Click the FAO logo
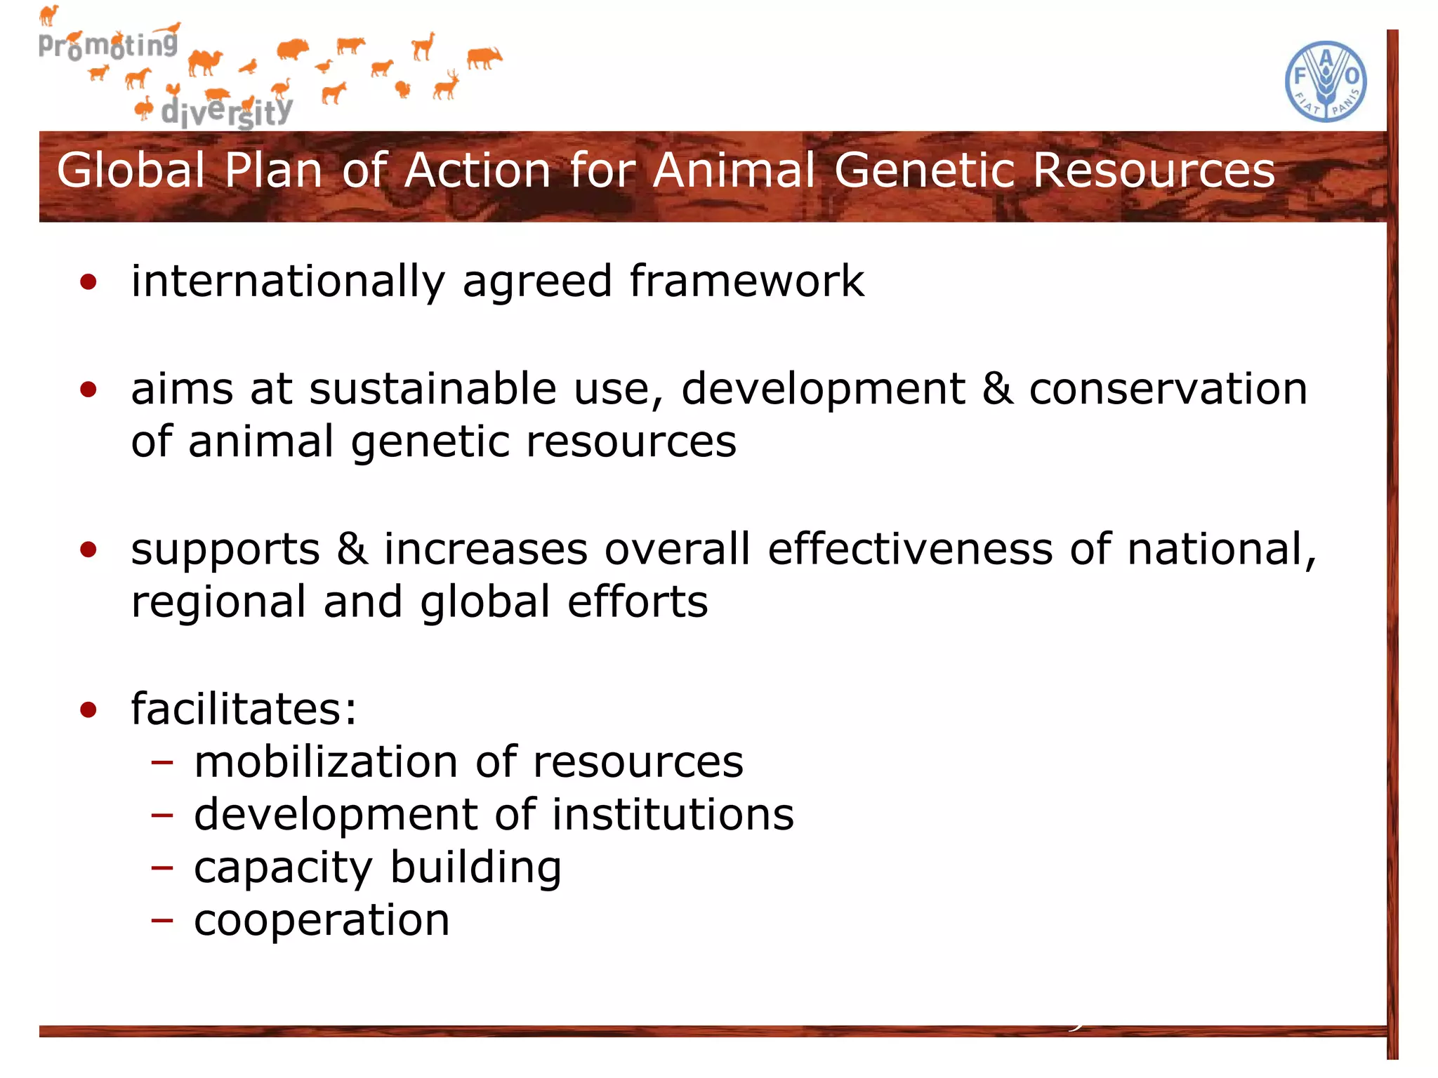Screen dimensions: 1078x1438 [x=1325, y=81]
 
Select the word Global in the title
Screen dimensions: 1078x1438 [x=131, y=171]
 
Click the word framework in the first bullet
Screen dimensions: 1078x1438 [x=746, y=281]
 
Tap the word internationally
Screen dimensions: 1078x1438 [x=288, y=281]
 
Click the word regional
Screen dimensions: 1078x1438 [x=218, y=602]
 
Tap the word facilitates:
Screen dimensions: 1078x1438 [x=244, y=709]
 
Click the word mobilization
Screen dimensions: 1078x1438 [x=325, y=762]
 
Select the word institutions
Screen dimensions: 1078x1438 [x=672, y=815]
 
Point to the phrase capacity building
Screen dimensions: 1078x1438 [x=378, y=868]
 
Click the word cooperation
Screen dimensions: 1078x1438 [x=322, y=920]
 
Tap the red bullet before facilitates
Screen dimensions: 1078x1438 [x=88, y=710]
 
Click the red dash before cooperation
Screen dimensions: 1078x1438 [x=161, y=920]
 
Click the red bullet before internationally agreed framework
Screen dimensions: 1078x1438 [x=88, y=283]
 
